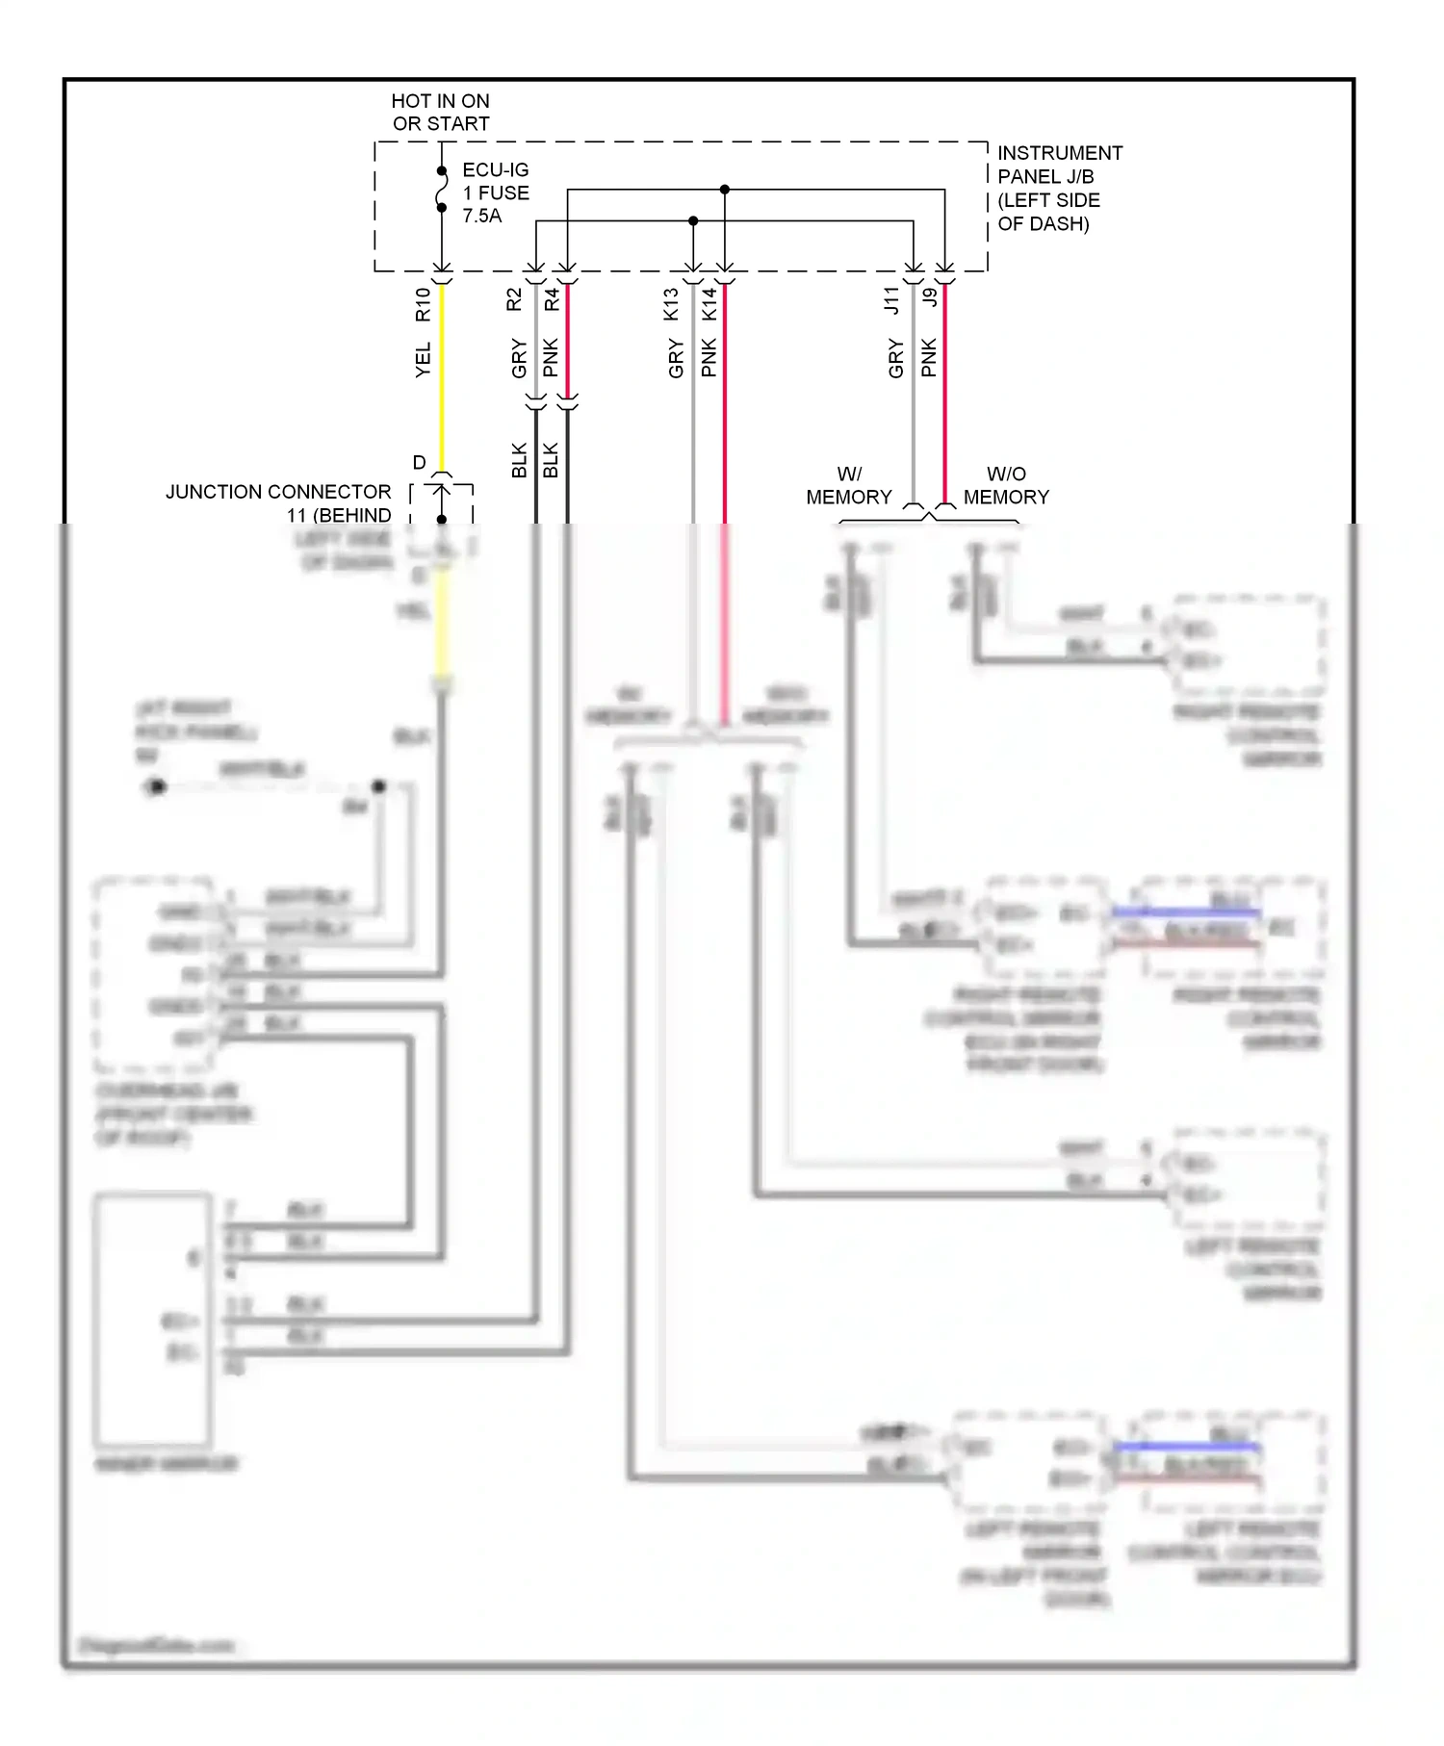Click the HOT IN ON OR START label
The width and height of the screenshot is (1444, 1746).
440,113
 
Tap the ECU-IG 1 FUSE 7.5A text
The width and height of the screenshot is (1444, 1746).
495,193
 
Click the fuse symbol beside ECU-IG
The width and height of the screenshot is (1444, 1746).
442,190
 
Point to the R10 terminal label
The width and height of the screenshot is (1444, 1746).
423,304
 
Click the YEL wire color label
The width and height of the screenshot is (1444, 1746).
423,360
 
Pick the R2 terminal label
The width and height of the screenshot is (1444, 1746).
514,299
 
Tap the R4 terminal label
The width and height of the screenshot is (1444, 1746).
552,299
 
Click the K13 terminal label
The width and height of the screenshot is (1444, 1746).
671,304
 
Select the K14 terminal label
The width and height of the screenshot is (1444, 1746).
709,304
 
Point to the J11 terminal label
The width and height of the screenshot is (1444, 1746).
892,300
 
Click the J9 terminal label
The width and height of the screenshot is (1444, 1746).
929,297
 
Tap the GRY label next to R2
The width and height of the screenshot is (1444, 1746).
519,358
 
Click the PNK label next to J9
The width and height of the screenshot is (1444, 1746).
929,357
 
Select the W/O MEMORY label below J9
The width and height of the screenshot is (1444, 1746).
1006,485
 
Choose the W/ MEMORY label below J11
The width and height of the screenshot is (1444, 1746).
849,485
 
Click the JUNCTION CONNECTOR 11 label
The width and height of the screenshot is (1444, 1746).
278,502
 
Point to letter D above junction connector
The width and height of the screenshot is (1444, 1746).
419,463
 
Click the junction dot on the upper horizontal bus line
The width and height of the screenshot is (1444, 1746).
725,190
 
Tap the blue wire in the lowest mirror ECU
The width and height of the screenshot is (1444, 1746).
1186,1446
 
